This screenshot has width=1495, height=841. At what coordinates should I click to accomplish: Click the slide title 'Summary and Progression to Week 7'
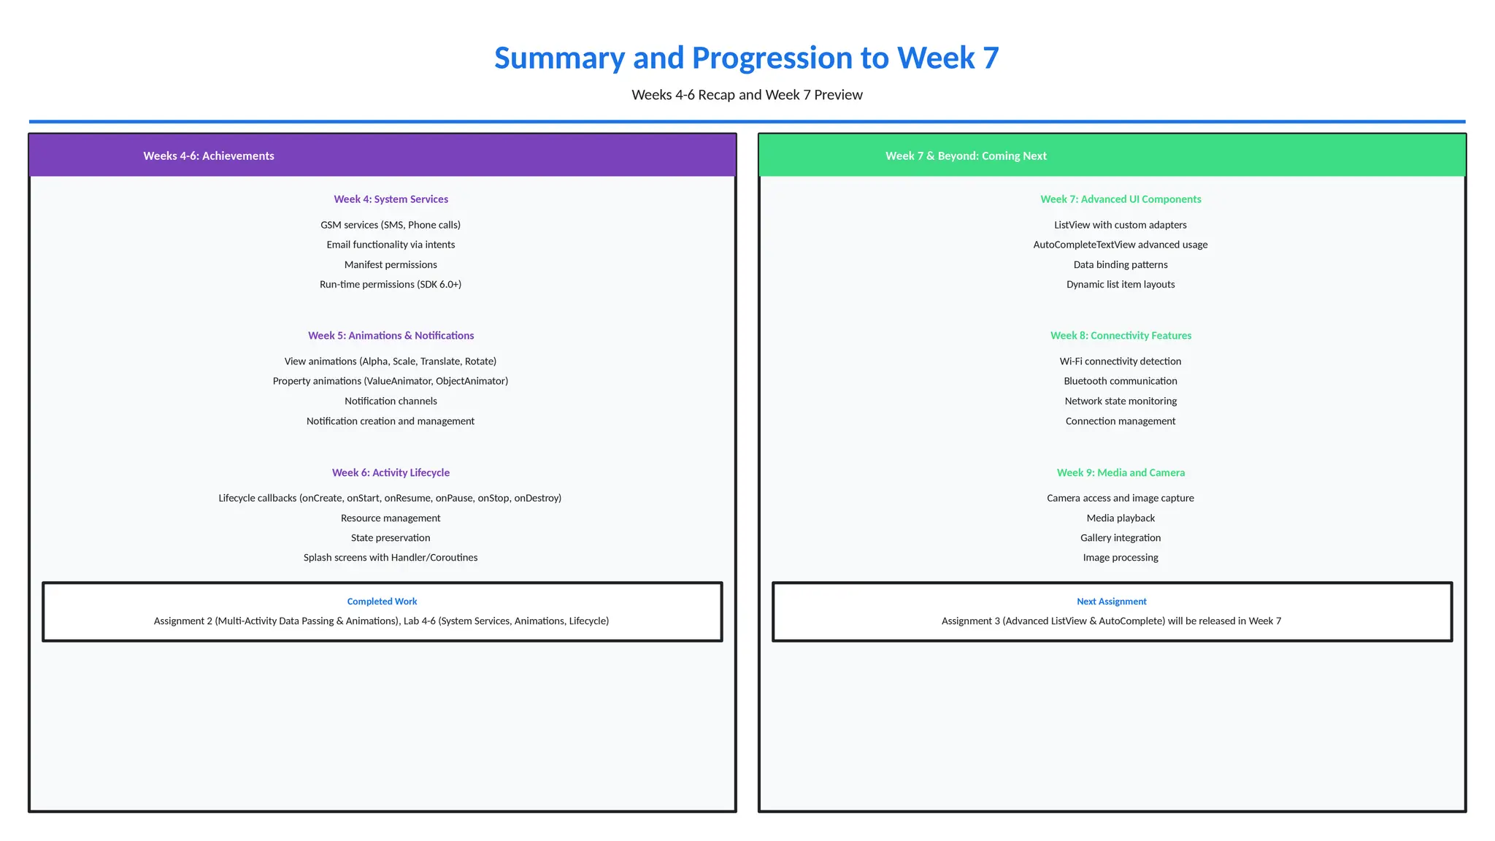pos(746,58)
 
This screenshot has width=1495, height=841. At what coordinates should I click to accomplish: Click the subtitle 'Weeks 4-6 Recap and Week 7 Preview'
pos(747,95)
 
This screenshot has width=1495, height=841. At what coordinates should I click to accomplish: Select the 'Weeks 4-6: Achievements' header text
pos(209,155)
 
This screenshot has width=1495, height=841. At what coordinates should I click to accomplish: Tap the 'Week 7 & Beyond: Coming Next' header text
pos(966,155)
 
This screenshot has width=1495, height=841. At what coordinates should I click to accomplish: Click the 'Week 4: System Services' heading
pos(391,199)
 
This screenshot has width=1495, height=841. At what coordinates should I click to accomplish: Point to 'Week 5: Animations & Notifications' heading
pos(391,336)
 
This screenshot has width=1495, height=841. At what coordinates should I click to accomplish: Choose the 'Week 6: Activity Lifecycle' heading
pos(391,473)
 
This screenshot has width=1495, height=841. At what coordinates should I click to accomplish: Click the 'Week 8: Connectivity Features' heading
pos(1121,336)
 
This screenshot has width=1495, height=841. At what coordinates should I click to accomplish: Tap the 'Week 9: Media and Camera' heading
pos(1121,473)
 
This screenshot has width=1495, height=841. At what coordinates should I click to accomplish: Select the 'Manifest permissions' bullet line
pos(391,265)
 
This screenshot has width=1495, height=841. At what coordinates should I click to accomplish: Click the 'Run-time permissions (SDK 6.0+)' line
pos(391,285)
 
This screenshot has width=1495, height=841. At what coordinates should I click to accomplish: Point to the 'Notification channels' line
pos(391,402)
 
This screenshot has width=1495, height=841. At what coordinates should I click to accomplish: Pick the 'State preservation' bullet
pos(391,538)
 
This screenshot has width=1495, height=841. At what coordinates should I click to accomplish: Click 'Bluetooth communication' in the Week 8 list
pos(1121,381)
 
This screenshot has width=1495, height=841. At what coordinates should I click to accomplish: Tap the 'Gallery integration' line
pos(1121,538)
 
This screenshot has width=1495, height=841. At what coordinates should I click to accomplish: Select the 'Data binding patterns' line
pos(1121,265)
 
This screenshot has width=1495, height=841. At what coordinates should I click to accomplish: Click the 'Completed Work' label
pos(382,602)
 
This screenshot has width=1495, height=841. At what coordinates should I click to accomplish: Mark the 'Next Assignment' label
pos(1111,602)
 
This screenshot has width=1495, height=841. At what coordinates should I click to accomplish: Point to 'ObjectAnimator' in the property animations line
pos(471,381)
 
